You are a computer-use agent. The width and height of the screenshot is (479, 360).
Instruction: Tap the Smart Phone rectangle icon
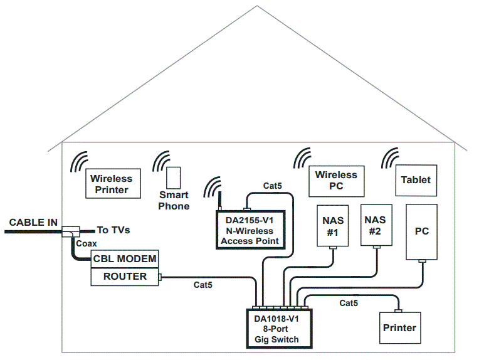174,176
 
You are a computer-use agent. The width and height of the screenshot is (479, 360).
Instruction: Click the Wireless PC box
336,180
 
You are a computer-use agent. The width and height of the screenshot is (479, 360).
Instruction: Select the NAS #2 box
375,225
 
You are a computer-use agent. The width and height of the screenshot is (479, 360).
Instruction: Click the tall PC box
422,231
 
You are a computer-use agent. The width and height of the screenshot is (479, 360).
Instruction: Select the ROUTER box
125,277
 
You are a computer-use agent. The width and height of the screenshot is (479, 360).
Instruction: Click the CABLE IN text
33,223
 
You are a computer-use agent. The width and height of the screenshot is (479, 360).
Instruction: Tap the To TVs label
113,230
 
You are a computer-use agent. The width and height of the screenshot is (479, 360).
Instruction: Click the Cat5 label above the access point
272,186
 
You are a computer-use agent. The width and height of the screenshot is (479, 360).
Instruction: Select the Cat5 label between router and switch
203,285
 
